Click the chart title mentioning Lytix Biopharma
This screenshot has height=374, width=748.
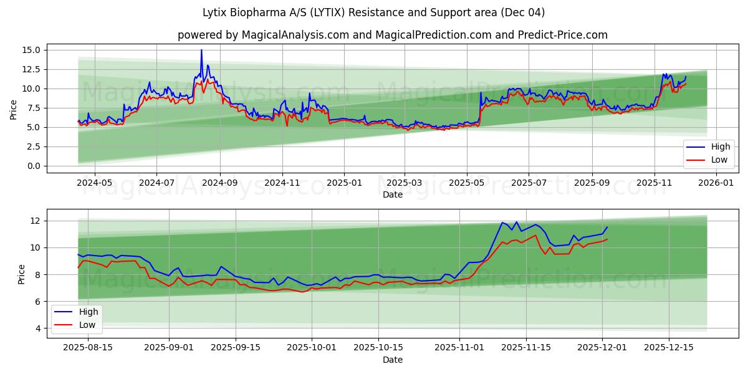pos(373,12)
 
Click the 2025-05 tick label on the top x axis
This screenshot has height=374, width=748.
pos(467,183)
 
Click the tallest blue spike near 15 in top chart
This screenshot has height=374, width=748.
pos(201,50)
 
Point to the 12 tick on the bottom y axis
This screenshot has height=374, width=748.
pos(35,221)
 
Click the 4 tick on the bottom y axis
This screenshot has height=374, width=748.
pos(37,328)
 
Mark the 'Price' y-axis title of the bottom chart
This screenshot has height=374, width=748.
pos(22,274)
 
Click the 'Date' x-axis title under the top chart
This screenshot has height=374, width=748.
pos(393,194)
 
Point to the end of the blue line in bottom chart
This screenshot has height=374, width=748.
pos(607,227)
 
